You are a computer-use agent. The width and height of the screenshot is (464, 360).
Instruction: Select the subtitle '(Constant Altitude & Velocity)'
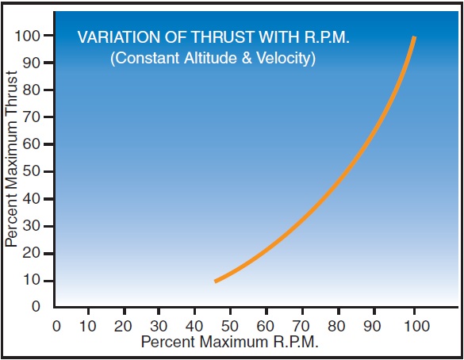tap(213, 59)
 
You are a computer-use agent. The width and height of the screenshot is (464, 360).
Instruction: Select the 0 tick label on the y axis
tap(36, 305)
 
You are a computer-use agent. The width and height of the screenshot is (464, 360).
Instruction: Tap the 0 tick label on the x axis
tap(56, 325)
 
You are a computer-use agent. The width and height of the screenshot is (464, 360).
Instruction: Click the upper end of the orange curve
tap(414, 37)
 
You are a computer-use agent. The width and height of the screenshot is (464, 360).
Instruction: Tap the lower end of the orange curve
tap(216, 281)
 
